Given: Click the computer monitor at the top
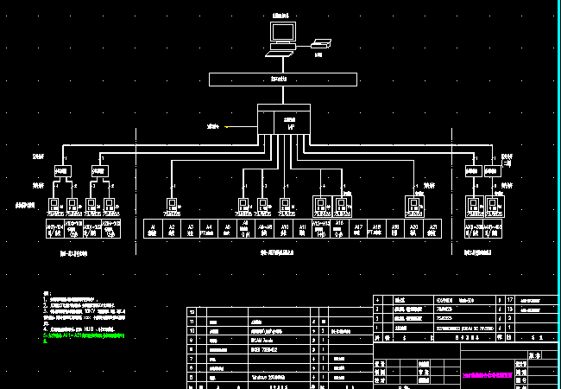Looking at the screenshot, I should pyautogui.click(x=282, y=34).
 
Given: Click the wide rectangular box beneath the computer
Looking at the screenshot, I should pyautogui.click(x=282, y=80).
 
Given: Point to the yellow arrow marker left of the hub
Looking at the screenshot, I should pyautogui.click(x=226, y=127).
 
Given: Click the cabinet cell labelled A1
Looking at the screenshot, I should pyautogui.click(x=153, y=229).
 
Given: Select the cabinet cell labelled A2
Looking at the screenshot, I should pyautogui.click(x=172, y=229).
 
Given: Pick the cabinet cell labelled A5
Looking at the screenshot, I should pyautogui.click(x=228, y=229).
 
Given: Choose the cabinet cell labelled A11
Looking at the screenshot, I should pyautogui.click(x=303, y=229).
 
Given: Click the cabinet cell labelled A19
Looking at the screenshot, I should pyautogui.click(x=395, y=229).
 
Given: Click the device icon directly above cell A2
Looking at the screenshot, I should pyautogui.click(x=172, y=206).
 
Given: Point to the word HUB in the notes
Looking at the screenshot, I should pyautogui.click(x=89, y=328).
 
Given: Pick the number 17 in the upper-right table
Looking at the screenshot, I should pyautogui.click(x=507, y=299).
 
